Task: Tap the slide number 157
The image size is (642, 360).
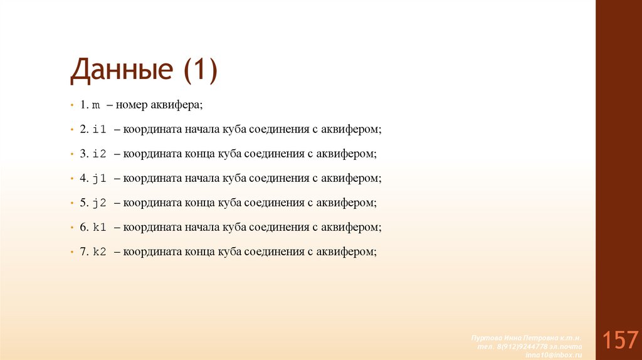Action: [x=621, y=341]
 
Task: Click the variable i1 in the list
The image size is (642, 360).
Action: [x=100, y=129]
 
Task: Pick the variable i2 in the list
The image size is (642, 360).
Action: [x=100, y=154]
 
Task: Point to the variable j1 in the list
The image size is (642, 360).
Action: [x=100, y=178]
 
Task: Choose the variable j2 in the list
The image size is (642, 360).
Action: [x=100, y=203]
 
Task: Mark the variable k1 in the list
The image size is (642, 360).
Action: [x=100, y=227]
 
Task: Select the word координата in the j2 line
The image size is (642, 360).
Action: [x=151, y=203]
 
